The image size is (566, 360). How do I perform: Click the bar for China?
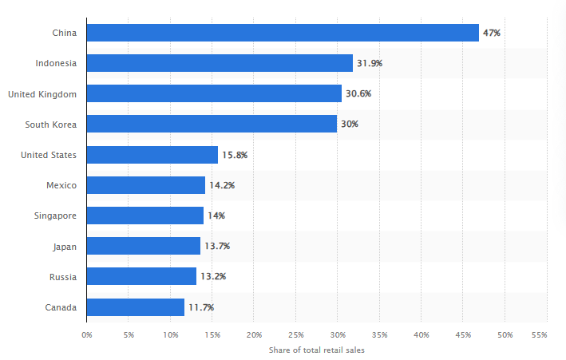pos(283,33)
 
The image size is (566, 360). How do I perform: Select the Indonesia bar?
pos(220,63)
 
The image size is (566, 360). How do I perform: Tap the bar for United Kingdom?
pos(214,93)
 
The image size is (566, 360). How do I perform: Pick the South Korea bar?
pos(212,124)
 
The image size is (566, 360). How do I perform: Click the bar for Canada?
pos(136,307)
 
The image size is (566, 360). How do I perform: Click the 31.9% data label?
pos(370,63)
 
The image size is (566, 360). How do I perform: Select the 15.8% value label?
pos(235,155)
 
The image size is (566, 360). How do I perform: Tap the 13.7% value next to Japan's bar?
pos(217,247)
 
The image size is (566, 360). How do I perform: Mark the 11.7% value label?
pos(201,307)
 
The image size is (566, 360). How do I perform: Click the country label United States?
pos(49,155)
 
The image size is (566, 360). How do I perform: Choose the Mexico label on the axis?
pos(61,185)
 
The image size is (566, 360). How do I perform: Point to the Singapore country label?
pos(57,216)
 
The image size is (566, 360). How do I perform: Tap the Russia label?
pos(63,277)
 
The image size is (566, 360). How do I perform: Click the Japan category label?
pos(65,247)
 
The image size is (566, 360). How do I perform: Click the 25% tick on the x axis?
pos(295,335)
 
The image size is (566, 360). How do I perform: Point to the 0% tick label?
pos(87,335)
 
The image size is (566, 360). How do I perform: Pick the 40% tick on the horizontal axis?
pos(422,335)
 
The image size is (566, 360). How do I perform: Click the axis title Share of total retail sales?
pos(317,350)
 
